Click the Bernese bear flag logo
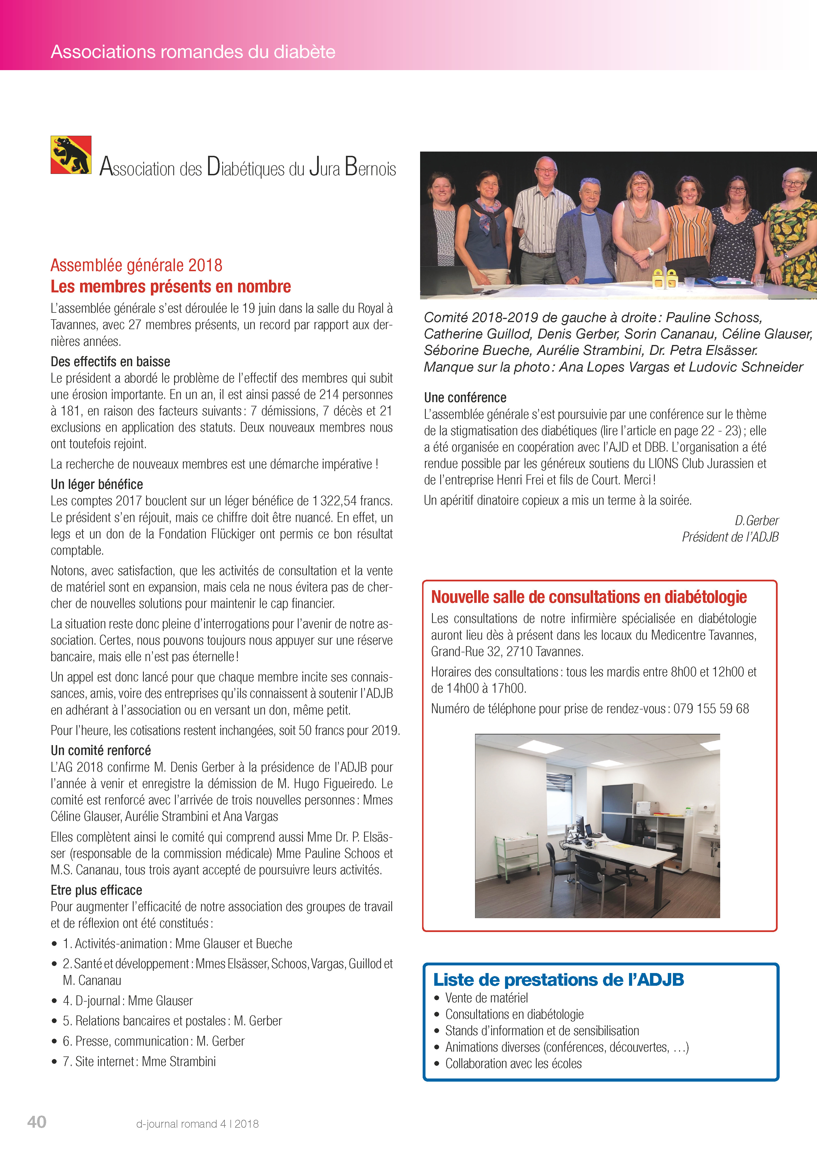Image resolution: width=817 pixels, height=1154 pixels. [x=71, y=155]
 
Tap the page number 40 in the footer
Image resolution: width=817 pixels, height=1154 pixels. [x=37, y=1122]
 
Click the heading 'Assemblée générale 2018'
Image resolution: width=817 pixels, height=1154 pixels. [x=136, y=265]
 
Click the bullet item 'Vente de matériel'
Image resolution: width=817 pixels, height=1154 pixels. [x=486, y=998]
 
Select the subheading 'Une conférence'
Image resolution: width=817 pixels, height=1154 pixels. [x=465, y=398]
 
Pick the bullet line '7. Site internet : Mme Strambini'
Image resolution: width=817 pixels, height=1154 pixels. [x=139, y=1062]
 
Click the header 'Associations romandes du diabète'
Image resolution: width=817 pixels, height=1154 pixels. [x=193, y=52]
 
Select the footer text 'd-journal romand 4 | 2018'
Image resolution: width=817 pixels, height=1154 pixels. [x=197, y=1124]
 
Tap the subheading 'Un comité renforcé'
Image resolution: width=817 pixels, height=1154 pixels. [x=100, y=750]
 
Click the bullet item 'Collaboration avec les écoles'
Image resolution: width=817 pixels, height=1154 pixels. [x=513, y=1064]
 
